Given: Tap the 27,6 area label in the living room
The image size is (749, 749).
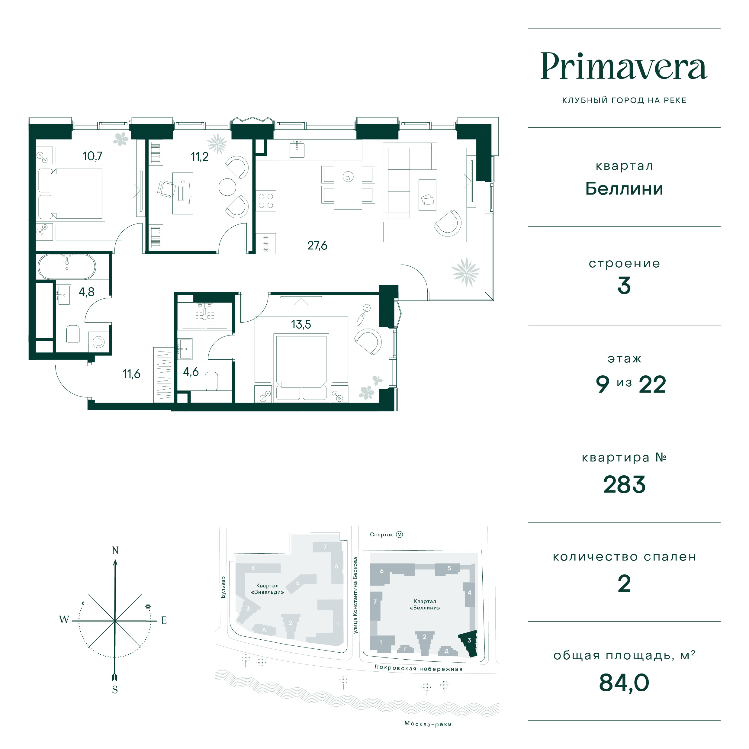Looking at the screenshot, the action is [317, 246].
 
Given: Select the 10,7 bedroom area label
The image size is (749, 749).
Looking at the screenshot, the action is [92, 156].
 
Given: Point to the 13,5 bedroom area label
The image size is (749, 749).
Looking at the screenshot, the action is [301, 324].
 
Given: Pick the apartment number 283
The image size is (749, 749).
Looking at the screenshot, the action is [624, 485].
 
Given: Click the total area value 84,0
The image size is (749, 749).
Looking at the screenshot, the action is [624, 683].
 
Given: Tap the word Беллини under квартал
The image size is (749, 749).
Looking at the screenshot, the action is [624, 189].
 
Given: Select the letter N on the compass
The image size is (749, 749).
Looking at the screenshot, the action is [115, 551].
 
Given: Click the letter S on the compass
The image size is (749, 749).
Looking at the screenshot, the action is [115, 690].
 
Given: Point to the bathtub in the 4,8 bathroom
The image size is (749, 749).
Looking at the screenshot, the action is [67, 267].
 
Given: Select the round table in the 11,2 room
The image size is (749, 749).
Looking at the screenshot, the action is [227, 187].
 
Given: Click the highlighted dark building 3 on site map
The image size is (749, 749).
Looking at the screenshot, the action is [469, 643].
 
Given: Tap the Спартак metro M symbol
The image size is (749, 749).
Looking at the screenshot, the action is [400, 535].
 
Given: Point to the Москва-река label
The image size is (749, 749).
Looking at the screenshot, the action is [428, 724].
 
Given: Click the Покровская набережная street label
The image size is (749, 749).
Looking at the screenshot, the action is [418, 669].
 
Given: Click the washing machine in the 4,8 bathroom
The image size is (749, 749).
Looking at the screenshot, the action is [98, 342].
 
